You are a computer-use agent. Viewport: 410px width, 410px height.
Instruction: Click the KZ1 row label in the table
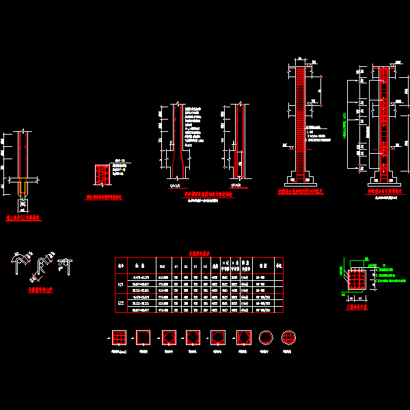(x=121, y=282)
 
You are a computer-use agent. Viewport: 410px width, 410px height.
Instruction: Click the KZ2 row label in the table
(x=121, y=301)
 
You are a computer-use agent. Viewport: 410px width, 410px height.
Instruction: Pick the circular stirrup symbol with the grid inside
(x=288, y=338)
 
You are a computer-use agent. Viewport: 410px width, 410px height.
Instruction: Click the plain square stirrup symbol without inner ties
(x=143, y=338)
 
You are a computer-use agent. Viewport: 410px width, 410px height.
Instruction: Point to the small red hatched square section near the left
(x=101, y=175)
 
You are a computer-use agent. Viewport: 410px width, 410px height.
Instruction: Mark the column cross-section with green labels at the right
(x=357, y=279)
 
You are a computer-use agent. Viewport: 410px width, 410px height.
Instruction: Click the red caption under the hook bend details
(x=40, y=290)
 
